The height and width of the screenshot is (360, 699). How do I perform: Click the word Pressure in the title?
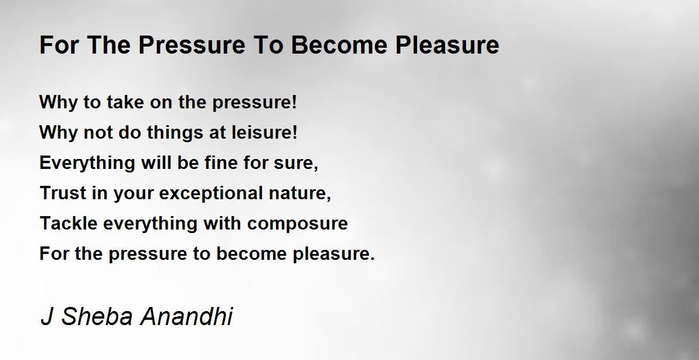pos(192,45)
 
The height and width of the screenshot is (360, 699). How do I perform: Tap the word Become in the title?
pos(339,45)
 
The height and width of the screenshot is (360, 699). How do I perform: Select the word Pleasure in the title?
pos(447,45)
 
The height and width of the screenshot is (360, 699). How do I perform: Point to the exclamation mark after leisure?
pos(295,132)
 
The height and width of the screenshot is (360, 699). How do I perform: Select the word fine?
pos(221,163)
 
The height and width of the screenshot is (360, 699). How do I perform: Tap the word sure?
pos(295,164)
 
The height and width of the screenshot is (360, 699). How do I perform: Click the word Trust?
pos(63,193)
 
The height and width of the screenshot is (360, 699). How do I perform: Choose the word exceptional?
pos(211,194)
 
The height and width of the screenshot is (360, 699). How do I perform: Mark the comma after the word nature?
pos(329,199)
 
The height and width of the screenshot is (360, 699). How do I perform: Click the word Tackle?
pos(69,223)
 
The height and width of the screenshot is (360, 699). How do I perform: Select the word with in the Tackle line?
pos(222,223)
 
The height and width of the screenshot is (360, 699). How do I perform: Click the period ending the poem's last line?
pos(372,259)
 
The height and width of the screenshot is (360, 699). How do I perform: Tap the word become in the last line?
pos(252,253)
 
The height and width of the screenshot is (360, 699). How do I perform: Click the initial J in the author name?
pos(47,316)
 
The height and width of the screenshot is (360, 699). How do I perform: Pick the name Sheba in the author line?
pos(97,316)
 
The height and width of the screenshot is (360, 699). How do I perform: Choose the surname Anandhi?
pos(186,316)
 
